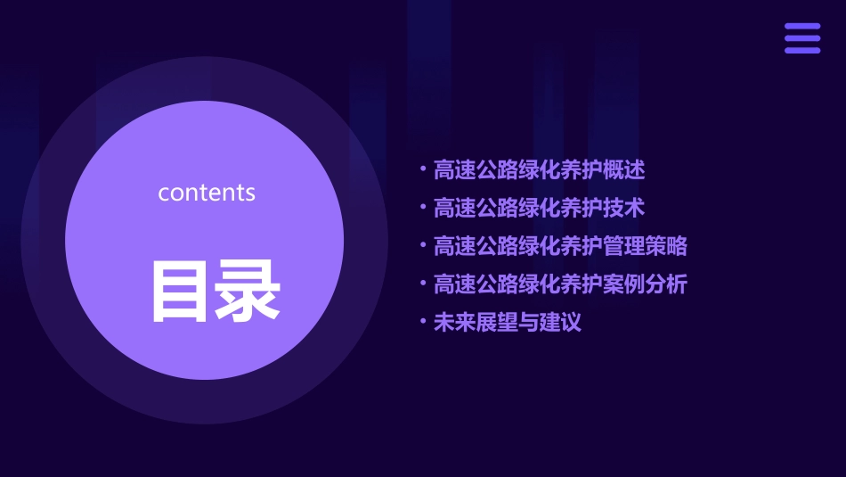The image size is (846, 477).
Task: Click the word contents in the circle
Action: (x=207, y=193)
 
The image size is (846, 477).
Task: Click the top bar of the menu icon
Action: (x=802, y=27)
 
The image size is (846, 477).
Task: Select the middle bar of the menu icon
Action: (x=802, y=38)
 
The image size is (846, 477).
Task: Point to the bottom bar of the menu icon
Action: (x=802, y=50)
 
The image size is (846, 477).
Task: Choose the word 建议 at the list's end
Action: (x=560, y=323)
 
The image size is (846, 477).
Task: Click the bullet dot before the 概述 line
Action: (x=423, y=169)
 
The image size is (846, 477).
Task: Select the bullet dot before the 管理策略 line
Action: (x=423, y=245)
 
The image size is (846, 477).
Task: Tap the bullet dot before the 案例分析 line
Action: (x=423, y=284)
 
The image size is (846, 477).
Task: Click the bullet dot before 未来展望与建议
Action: (x=423, y=322)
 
